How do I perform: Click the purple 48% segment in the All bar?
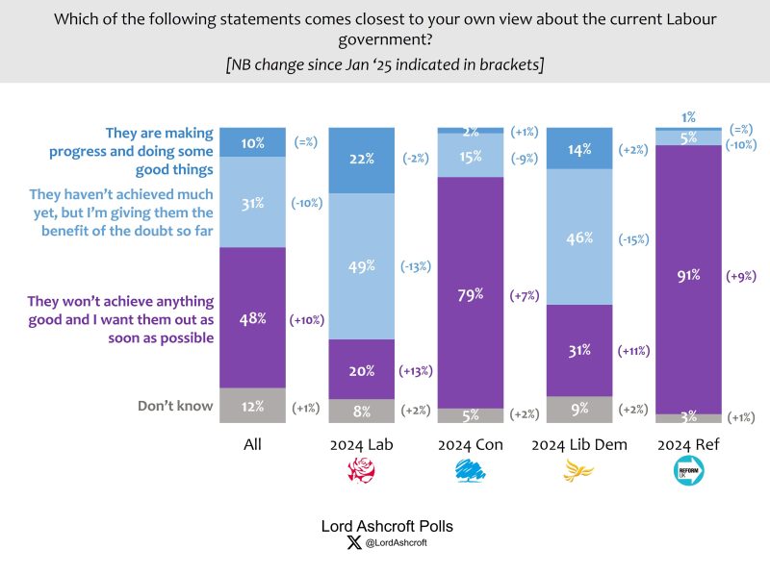pos(253,317)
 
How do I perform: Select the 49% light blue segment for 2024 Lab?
pos(361,266)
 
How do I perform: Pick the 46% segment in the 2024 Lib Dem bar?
pos(578,236)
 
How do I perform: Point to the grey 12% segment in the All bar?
pos(253,406)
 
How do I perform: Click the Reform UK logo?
pos(689,471)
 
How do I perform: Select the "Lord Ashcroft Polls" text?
pos(386,527)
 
